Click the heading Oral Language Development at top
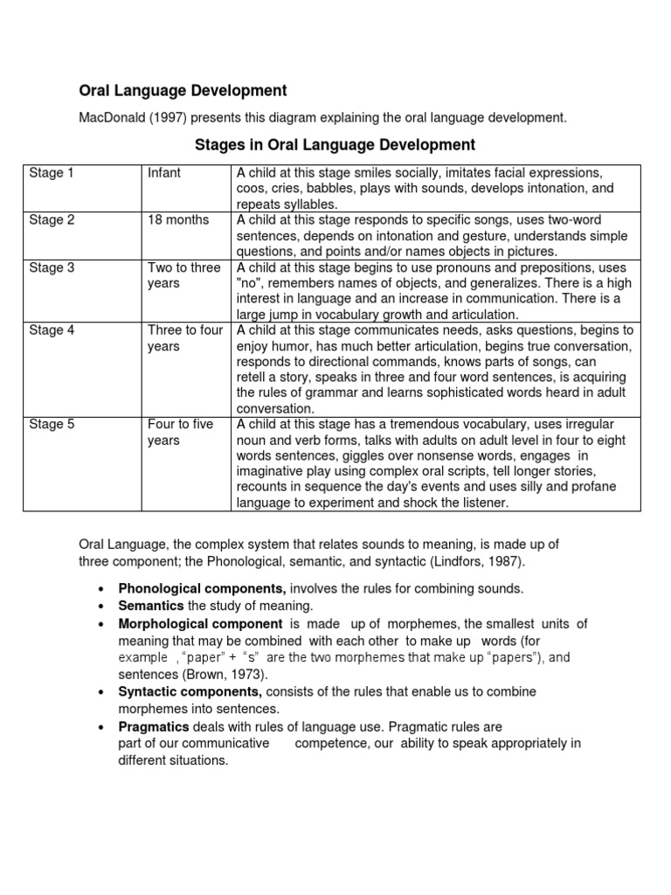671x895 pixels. (x=183, y=90)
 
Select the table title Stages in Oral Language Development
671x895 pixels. (x=335, y=144)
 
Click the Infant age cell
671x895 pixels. (x=164, y=173)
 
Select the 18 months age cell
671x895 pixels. (x=178, y=220)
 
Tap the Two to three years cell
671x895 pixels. (x=183, y=275)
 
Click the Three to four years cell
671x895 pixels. (x=185, y=338)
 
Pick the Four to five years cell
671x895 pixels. (x=180, y=433)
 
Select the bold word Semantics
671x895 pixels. (x=150, y=606)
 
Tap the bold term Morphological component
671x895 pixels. (x=200, y=623)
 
